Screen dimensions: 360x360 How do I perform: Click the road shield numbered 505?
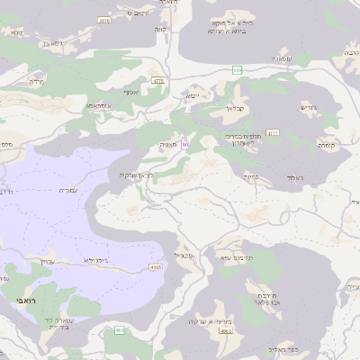[238, 69]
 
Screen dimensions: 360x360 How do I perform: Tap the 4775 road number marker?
[159, 81]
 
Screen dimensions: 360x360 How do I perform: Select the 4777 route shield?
[273, 132]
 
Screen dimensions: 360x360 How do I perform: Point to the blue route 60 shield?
[185, 144]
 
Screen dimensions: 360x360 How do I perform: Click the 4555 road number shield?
[156, 266]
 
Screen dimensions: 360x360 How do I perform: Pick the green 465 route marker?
[120, 330]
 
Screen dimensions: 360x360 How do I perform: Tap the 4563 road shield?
[226, 331]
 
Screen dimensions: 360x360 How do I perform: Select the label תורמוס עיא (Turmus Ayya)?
[238, 256]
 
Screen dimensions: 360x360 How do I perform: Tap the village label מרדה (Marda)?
[36, 81]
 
